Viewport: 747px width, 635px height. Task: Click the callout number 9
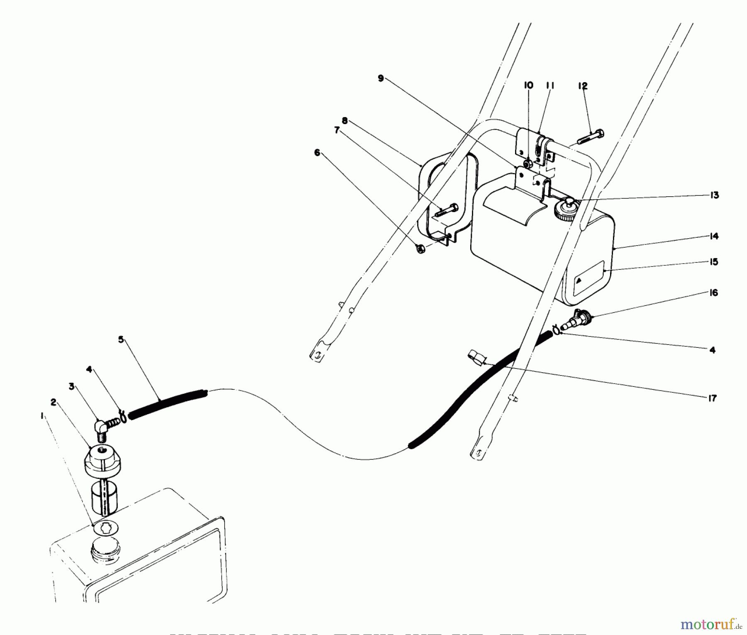point(381,78)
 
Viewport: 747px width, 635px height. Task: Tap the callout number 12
point(582,86)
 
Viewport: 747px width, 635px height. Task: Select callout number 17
point(712,398)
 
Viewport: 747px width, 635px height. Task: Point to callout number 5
point(121,339)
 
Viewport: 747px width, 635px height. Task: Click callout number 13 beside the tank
point(714,195)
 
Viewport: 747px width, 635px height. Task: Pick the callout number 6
point(317,153)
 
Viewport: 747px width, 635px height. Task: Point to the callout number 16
point(713,293)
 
